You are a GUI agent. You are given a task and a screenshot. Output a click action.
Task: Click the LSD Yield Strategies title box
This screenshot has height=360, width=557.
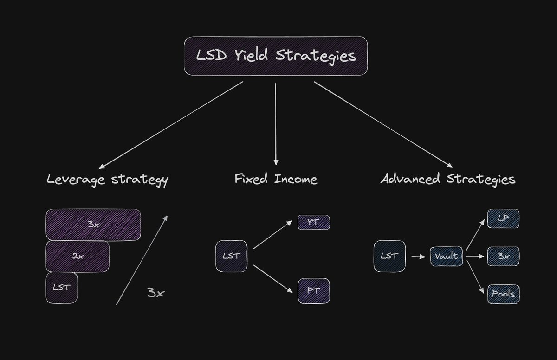(x=276, y=56)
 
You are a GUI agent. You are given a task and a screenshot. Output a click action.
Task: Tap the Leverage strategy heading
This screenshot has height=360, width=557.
(x=107, y=180)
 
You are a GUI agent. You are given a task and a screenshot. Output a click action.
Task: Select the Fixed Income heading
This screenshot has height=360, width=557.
(x=276, y=179)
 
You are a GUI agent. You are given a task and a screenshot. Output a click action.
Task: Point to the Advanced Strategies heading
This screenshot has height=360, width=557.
(x=448, y=179)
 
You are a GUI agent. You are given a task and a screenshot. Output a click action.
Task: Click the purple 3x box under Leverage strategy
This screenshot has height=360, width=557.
(x=93, y=225)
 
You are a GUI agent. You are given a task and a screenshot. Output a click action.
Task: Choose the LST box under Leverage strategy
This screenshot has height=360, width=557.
(x=62, y=288)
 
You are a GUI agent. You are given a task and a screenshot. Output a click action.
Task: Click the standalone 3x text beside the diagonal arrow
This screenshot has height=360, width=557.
(x=156, y=293)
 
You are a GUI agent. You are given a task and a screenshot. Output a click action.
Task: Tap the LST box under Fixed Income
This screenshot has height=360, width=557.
(x=231, y=256)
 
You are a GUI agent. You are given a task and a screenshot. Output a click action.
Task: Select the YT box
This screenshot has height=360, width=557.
(x=314, y=222)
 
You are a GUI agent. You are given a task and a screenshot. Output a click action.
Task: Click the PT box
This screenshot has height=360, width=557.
(x=314, y=291)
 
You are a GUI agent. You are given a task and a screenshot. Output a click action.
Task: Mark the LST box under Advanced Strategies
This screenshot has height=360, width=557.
(x=389, y=256)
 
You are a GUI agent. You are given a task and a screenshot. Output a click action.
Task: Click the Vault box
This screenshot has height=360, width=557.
(x=447, y=256)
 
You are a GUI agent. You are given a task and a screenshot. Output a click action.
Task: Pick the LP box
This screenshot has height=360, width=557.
(x=503, y=219)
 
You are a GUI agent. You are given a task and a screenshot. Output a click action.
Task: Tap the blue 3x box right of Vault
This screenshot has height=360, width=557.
(x=503, y=256)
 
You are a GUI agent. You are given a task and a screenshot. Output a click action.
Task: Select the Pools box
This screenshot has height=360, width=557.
(x=503, y=294)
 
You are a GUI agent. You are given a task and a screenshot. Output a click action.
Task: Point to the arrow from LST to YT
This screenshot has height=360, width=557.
(x=274, y=234)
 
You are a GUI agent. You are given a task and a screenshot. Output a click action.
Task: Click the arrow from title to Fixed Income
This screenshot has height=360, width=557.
(x=276, y=123)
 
